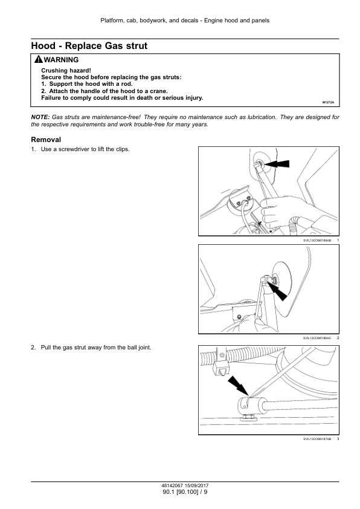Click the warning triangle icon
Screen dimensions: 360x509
38,59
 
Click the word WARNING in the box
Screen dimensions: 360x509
61,60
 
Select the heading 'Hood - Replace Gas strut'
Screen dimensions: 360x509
89,46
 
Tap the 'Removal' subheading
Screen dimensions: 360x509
46,140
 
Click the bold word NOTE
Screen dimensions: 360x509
40,117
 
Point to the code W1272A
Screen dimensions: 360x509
328,102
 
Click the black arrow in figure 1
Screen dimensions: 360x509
277,164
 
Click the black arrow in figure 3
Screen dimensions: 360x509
239,386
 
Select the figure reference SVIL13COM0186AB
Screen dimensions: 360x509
317,241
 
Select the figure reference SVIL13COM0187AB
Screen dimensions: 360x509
317,439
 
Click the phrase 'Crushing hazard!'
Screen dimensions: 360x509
66,71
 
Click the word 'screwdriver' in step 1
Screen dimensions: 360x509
74,149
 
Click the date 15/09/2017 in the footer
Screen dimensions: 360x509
196,485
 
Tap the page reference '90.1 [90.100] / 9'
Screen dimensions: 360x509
185,492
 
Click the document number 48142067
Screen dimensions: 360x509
173,485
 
